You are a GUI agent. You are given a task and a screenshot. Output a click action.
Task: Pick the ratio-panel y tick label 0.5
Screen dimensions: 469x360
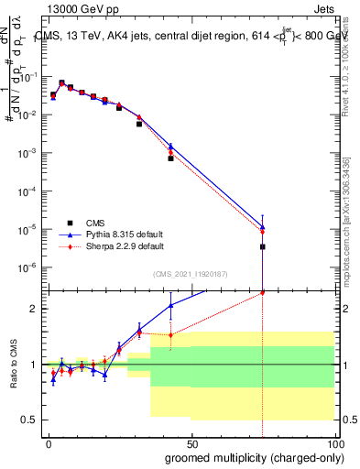coord(30,420)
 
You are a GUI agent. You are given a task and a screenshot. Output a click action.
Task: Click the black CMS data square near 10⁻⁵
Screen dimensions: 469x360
coord(263,246)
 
